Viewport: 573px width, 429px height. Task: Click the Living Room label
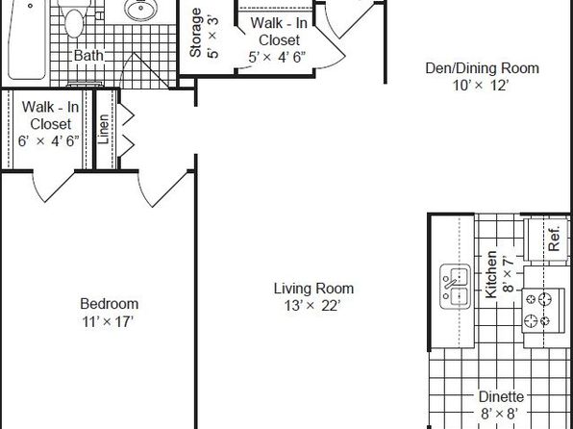(314, 289)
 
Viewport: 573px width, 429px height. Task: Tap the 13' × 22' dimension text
(312, 305)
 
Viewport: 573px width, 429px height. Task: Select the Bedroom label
(110, 304)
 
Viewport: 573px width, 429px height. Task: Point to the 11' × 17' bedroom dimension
(108, 322)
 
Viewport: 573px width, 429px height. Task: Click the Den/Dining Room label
(482, 68)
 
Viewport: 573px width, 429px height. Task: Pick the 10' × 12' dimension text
(481, 86)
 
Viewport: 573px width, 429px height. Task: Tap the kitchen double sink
(455, 287)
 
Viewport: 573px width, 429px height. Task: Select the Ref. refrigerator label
(555, 239)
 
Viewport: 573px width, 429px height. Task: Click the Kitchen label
(490, 274)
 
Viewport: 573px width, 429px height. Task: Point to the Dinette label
(502, 397)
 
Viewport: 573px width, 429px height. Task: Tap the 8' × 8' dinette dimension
(500, 414)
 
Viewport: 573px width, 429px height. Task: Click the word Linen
(104, 129)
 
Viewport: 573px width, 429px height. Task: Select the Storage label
(195, 33)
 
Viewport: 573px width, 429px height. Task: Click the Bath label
(88, 56)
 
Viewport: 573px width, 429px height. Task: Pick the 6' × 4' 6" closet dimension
(49, 141)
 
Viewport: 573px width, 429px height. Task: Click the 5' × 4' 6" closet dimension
(277, 58)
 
